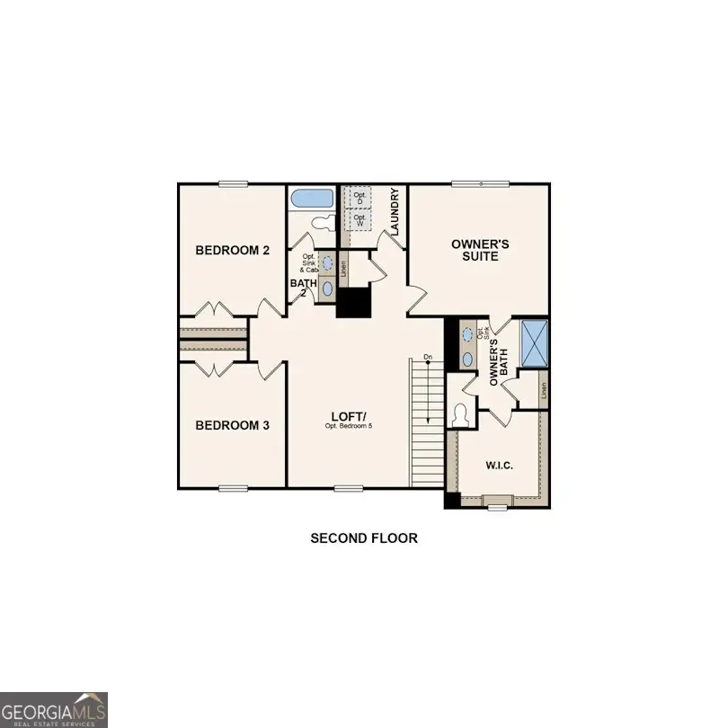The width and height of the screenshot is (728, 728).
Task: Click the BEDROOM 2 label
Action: click(233, 251)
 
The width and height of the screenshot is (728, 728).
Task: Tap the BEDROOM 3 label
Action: click(233, 425)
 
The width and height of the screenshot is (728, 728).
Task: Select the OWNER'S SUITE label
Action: click(480, 250)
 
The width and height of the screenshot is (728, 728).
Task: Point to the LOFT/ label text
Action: click(348, 415)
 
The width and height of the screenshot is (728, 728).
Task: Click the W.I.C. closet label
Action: click(499, 466)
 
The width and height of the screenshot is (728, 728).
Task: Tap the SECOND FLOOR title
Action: click(364, 538)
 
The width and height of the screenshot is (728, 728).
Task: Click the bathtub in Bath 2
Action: click(312, 199)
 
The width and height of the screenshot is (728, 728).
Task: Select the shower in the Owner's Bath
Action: click(535, 343)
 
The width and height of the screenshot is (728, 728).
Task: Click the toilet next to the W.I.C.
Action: click(462, 415)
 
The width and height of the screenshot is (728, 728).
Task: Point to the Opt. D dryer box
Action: click(360, 197)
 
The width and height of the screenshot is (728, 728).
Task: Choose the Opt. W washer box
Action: click(360, 218)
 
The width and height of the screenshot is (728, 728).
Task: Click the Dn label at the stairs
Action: click(428, 359)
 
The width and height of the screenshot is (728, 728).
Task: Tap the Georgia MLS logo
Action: click(54, 708)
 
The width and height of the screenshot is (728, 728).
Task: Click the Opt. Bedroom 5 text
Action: click(348, 426)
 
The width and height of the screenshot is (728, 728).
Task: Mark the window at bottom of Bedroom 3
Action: click(233, 489)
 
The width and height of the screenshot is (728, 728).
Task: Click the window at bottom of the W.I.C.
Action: click(497, 508)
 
